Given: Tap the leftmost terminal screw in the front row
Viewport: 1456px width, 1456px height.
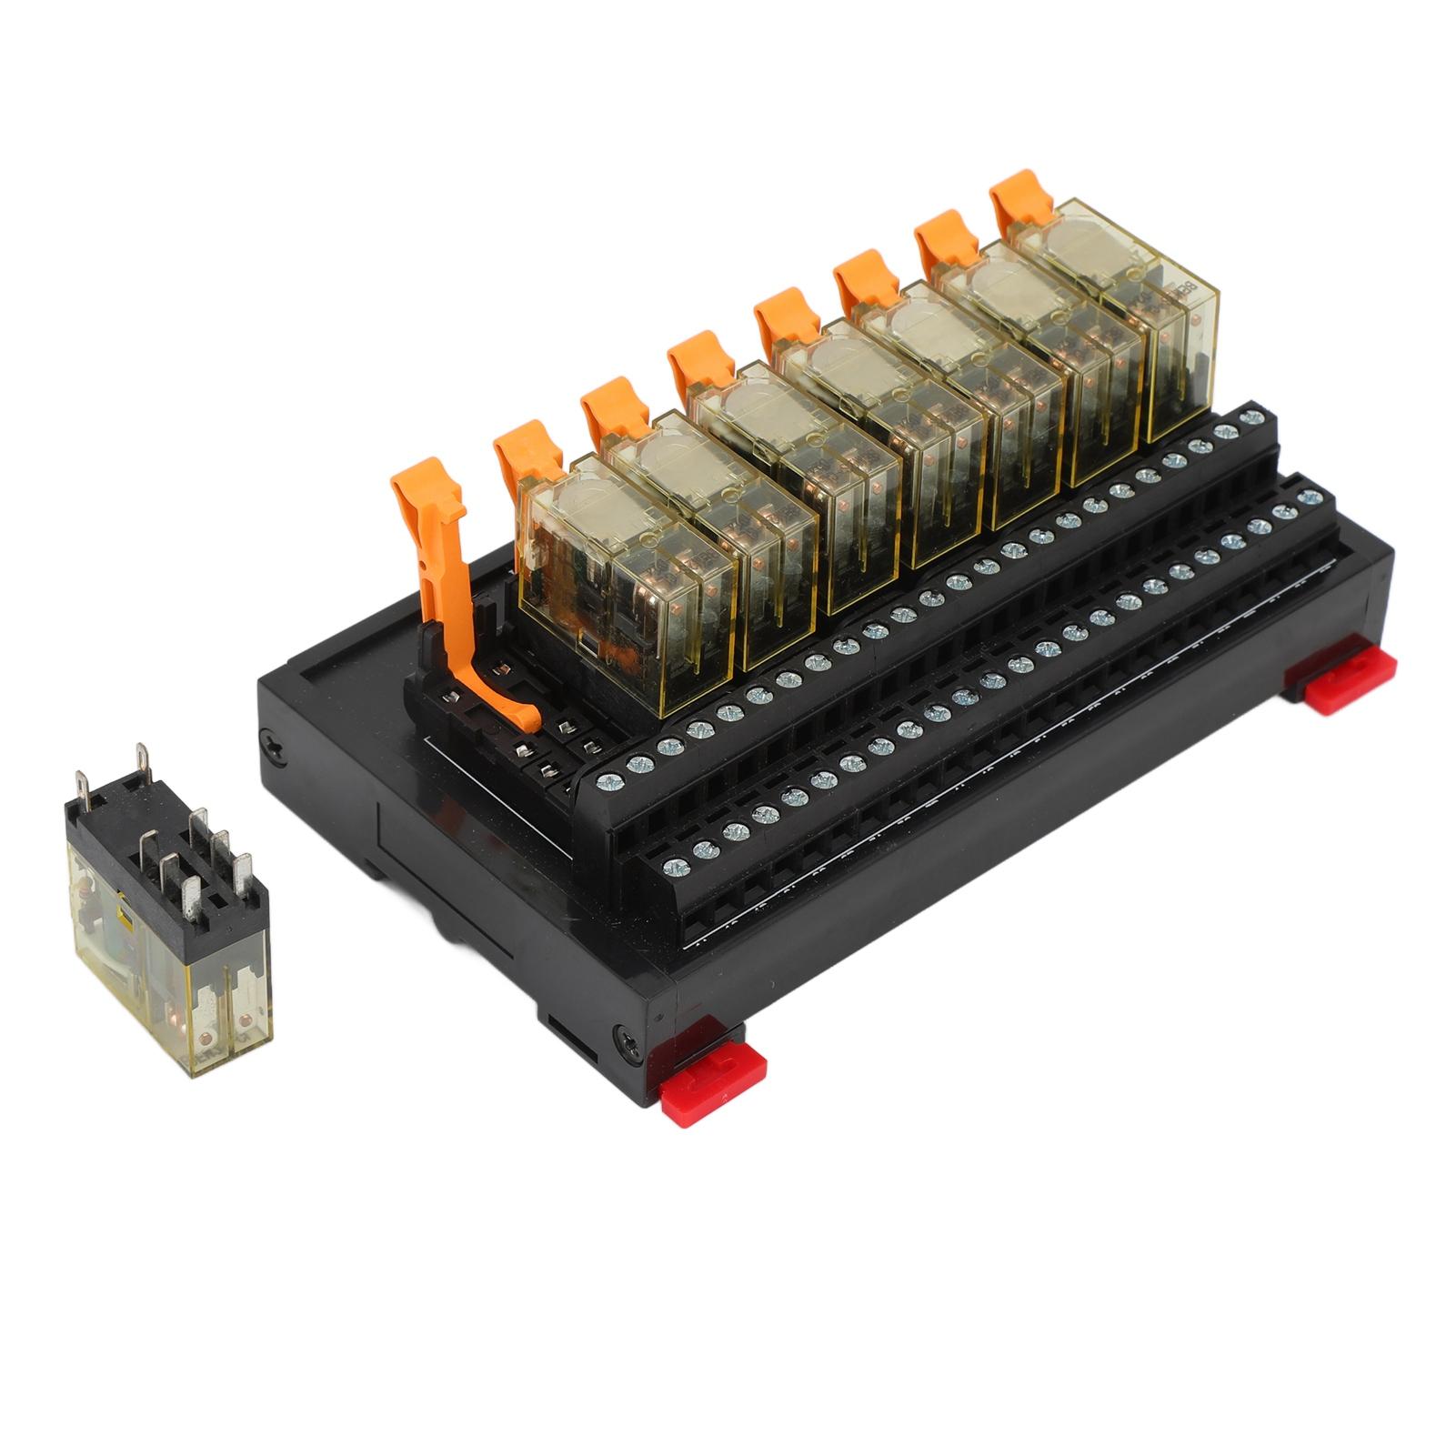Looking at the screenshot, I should coord(675,865).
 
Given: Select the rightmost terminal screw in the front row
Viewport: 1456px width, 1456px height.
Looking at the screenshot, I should coord(1310,497).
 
